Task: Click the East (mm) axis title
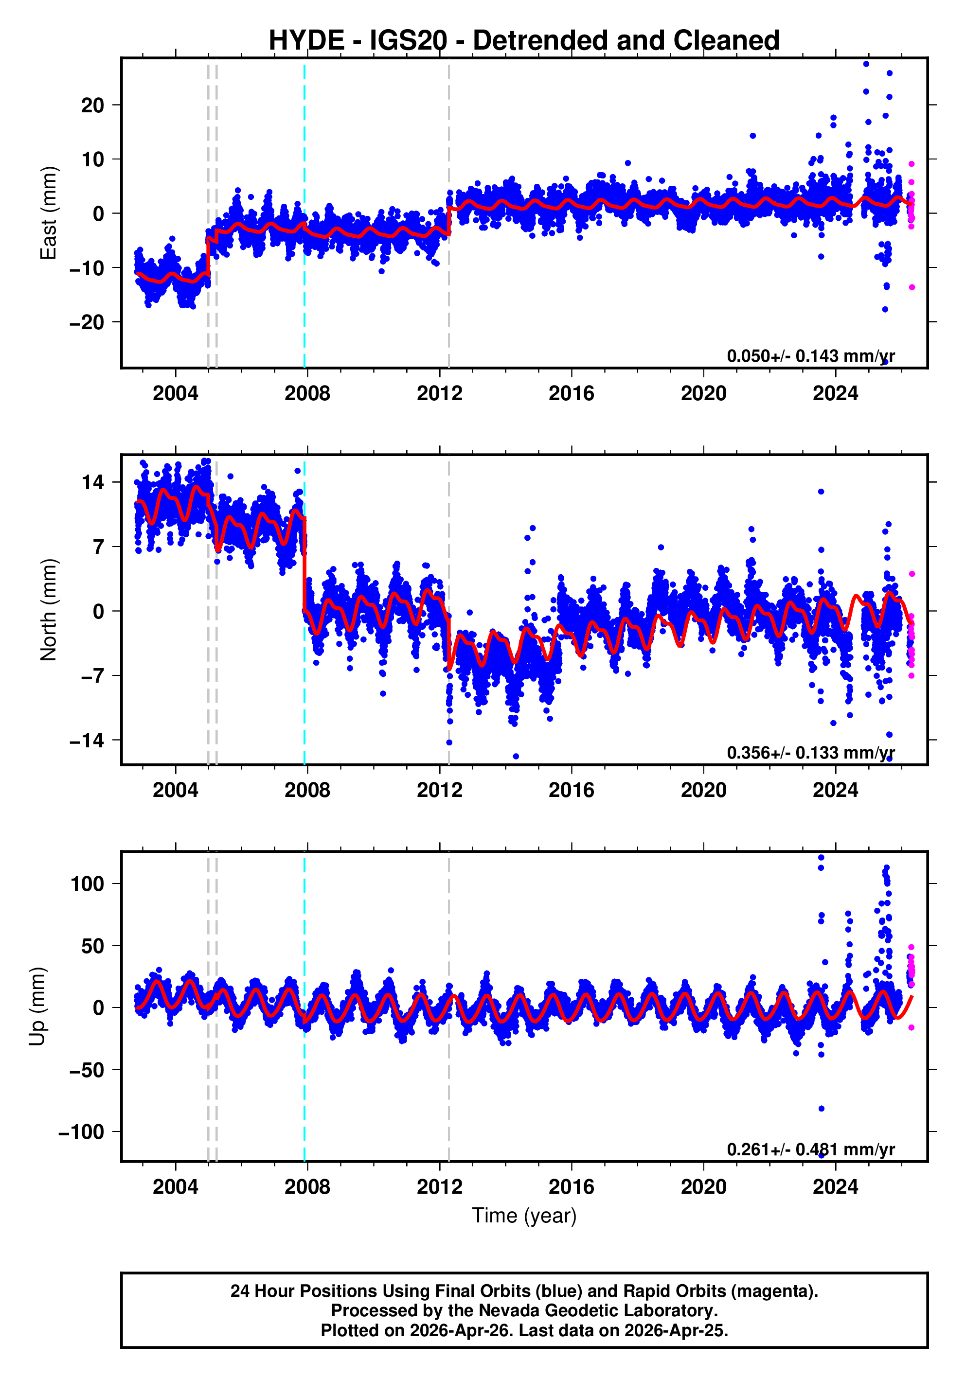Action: point(48,213)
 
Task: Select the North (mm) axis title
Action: point(48,610)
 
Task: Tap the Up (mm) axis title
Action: point(37,1007)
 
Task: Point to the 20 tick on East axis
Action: point(92,106)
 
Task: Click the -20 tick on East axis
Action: point(87,322)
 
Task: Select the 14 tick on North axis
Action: point(92,482)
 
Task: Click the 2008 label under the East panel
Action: point(307,394)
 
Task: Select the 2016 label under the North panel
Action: point(571,791)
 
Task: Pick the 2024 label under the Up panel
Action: point(835,1187)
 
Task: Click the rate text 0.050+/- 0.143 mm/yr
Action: point(810,356)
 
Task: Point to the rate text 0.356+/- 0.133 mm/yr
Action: point(810,753)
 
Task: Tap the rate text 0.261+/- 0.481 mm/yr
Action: point(810,1149)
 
